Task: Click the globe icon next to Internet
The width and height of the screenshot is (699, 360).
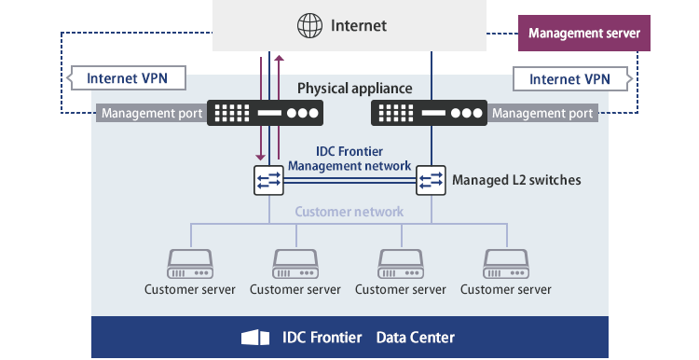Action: click(x=308, y=25)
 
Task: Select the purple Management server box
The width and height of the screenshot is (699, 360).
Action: click(x=583, y=34)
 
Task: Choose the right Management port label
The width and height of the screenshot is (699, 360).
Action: click(x=541, y=114)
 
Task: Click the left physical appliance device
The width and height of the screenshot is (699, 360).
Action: click(x=266, y=114)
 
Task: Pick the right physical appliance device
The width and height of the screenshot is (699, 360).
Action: click(x=428, y=114)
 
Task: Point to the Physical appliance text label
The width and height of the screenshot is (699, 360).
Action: click(x=354, y=89)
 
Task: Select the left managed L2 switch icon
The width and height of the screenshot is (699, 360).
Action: click(x=268, y=179)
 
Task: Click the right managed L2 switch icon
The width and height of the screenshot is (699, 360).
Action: click(x=431, y=179)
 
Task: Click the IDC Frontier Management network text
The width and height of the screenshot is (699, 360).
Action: click(x=349, y=159)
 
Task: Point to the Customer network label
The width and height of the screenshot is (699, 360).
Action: click(x=349, y=212)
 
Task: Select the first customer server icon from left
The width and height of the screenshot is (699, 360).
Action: click(x=190, y=263)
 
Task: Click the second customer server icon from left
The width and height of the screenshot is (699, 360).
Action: click(x=295, y=263)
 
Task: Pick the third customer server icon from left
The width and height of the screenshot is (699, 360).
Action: click(x=401, y=263)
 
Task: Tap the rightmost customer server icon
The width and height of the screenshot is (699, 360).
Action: click(x=506, y=263)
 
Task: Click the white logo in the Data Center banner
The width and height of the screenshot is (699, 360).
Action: click(x=255, y=337)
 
